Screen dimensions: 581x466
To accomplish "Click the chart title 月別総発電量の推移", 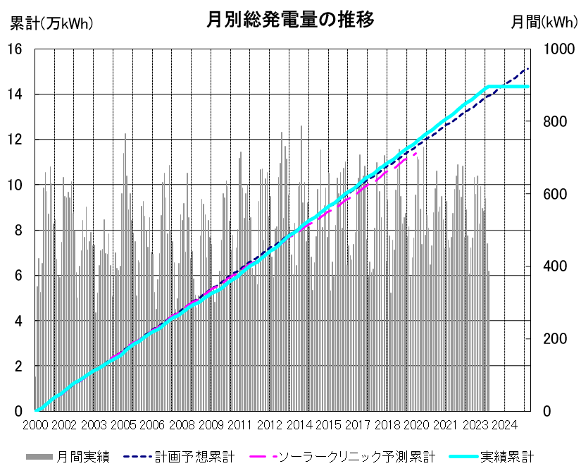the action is (x=290, y=20).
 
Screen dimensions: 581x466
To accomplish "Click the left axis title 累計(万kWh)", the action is (x=51, y=23).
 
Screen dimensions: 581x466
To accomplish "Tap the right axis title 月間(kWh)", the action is (x=544, y=23).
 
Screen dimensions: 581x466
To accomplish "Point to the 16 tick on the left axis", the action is (x=15, y=49).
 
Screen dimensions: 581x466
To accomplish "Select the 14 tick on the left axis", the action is (x=15, y=94).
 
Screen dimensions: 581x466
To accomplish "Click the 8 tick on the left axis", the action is (x=18, y=231).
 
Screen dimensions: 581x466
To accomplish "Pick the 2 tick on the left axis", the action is (x=18, y=366).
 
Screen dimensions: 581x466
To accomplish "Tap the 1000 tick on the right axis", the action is (x=558, y=49).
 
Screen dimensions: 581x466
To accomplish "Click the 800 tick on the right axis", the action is (x=555, y=121).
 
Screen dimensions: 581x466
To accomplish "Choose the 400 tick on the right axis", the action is (x=555, y=266).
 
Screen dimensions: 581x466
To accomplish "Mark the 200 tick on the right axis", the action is (x=555, y=338).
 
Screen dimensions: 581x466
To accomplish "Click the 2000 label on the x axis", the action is (x=36, y=425).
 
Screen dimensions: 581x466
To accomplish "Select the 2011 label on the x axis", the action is (x=239, y=425).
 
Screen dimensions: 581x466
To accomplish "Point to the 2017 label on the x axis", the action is (x=358, y=425).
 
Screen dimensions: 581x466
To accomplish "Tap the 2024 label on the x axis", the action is (x=504, y=425).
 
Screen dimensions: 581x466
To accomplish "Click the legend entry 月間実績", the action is (x=68, y=457).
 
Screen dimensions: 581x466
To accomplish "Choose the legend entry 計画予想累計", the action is (x=179, y=457).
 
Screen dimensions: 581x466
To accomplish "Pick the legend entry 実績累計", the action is (x=492, y=457).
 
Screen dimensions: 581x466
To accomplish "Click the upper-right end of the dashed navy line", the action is (x=528, y=68).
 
